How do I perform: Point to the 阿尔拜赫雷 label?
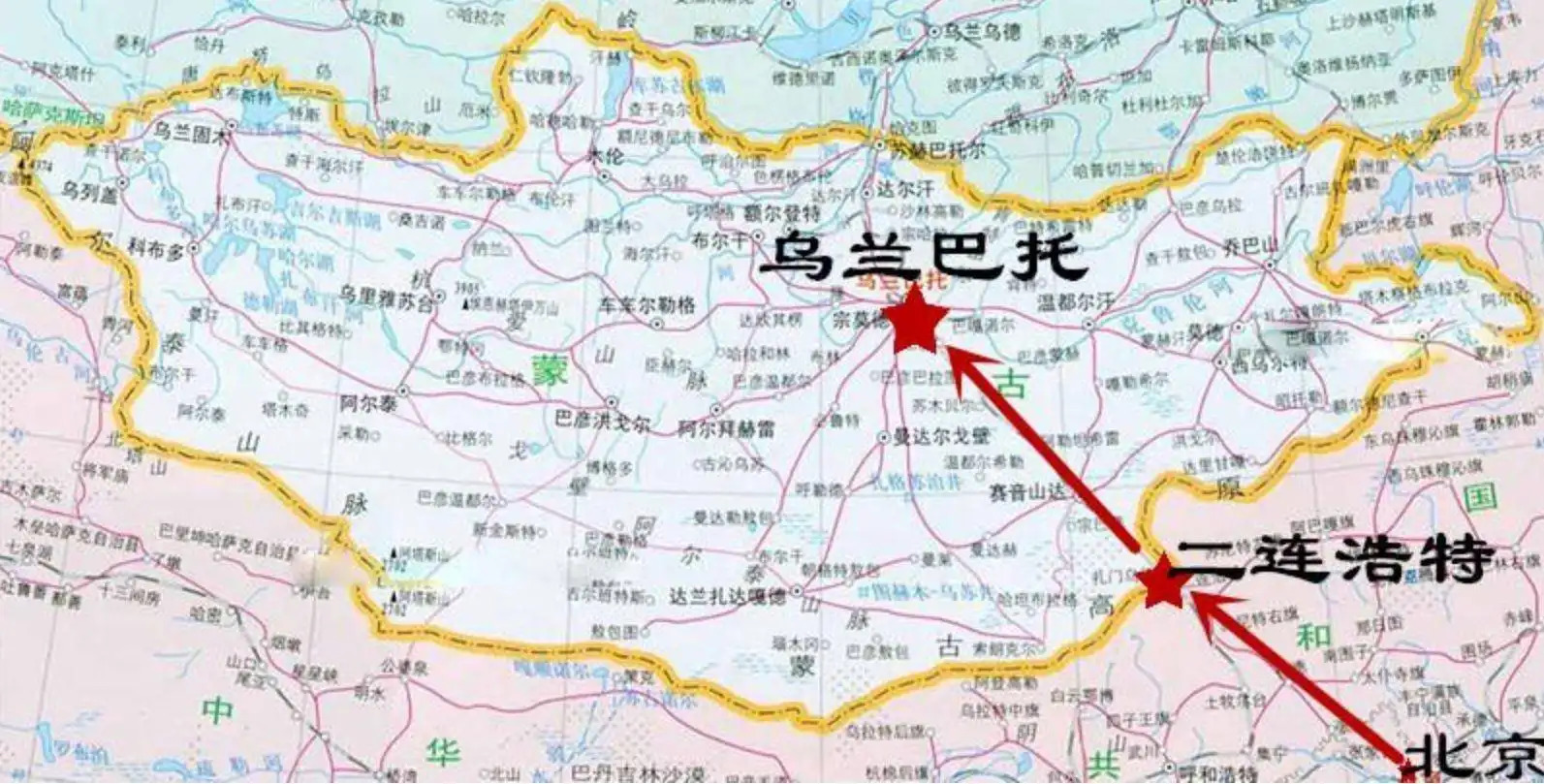pos(726,424)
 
